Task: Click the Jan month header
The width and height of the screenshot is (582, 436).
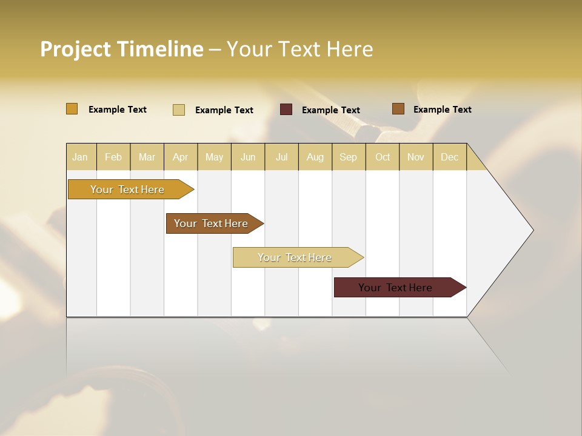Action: tap(80, 157)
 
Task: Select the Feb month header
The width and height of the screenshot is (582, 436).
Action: tap(113, 157)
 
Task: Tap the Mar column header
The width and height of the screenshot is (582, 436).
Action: tap(147, 157)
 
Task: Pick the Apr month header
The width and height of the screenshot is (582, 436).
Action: tap(180, 157)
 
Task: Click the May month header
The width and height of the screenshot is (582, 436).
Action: tap(214, 157)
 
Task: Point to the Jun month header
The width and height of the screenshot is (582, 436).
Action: tap(248, 157)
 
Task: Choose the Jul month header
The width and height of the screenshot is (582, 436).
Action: tap(281, 157)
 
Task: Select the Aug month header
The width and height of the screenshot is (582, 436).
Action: tap(315, 157)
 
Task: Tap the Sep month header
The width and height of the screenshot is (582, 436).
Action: tap(348, 157)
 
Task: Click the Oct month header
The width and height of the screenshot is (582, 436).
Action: tap(383, 157)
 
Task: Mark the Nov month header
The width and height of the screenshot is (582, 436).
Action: tap(416, 157)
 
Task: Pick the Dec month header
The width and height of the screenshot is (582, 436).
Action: tap(449, 157)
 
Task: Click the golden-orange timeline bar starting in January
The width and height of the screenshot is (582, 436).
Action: tap(127, 190)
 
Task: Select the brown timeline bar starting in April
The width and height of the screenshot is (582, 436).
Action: tap(211, 223)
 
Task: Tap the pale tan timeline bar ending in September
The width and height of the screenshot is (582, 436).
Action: tap(295, 257)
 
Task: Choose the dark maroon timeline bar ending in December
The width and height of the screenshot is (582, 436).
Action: tap(395, 288)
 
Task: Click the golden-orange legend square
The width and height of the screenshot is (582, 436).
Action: tap(72, 109)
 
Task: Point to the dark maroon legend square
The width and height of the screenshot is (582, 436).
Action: tap(286, 110)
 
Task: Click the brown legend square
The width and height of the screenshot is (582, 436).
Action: tap(398, 109)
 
